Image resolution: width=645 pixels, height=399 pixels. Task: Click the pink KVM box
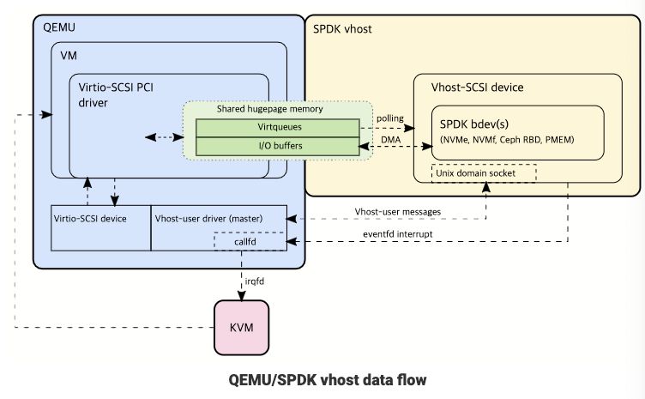tap(241, 327)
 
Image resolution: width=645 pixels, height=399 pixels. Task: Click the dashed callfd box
tap(245, 242)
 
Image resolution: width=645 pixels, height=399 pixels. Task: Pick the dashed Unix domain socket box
tap(484, 172)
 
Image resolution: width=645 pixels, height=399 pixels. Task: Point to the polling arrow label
tap(389, 118)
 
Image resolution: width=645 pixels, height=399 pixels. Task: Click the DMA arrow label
tap(389, 137)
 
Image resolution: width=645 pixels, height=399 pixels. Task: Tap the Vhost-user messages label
tap(398, 211)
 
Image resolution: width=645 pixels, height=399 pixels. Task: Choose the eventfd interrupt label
tap(398, 233)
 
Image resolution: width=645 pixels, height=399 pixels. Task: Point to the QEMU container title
tap(59, 27)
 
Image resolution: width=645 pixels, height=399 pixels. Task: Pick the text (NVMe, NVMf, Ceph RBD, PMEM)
tap(506, 139)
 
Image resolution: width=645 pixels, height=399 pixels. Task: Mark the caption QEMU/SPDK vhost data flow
tap(327, 378)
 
